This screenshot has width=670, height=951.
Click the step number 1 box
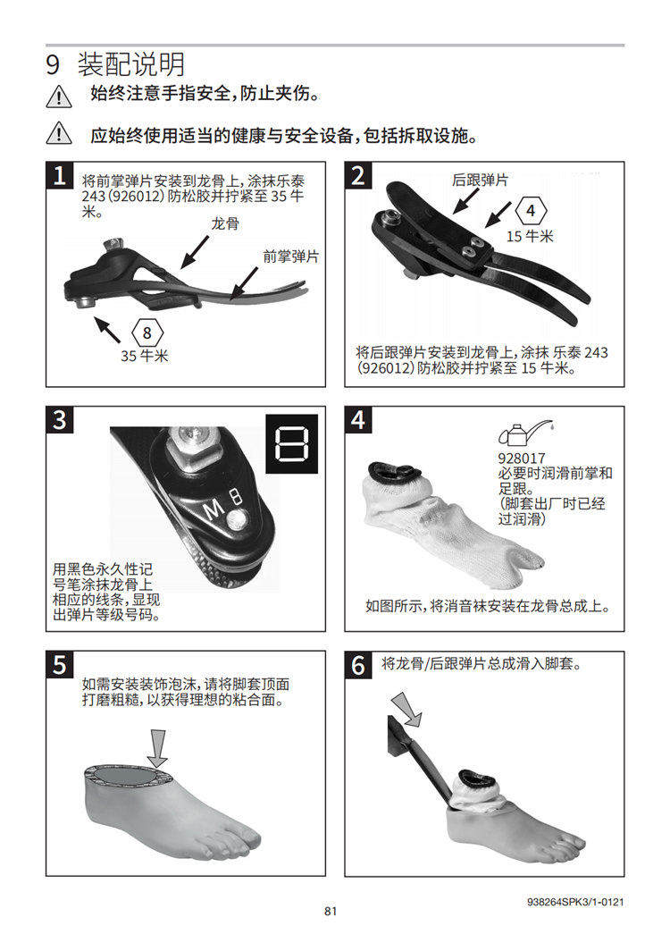tap(60, 175)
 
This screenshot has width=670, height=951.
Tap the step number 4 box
tap(358, 420)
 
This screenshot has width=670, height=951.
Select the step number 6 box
tap(358, 665)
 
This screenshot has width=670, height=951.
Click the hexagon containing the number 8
tap(147, 333)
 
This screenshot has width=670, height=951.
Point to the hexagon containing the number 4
tap(532, 210)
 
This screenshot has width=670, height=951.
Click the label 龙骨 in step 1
tap(225, 223)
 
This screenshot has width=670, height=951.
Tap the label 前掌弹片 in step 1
tap(291, 257)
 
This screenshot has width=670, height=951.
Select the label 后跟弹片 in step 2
tap(481, 180)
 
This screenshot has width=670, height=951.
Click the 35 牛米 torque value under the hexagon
tap(145, 356)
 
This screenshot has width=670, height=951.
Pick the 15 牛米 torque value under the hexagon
tap(530, 237)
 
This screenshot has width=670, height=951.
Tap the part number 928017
tap(522, 459)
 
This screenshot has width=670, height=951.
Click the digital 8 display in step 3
tap(291, 444)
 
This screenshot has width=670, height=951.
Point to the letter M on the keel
tap(213, 510)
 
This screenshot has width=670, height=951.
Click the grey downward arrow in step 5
tap(158, 749)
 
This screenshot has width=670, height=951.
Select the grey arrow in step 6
tap(406, 709)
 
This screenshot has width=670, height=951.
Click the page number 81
tap(331, 911)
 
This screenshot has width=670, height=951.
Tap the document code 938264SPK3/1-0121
tap(575, 902)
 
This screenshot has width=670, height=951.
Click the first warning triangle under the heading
tap(59, 97)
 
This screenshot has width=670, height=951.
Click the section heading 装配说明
tap(131, 64)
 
